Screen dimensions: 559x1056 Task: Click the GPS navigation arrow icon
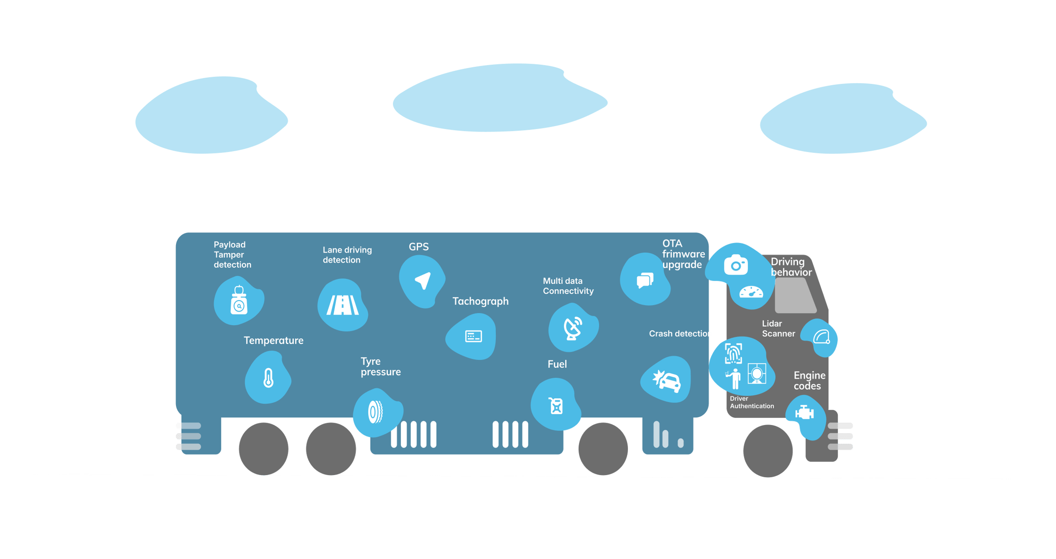tap(423, 281)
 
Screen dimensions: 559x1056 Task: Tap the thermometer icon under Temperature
tap(268, 378)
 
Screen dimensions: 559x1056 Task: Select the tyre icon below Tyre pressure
tap(375, 412)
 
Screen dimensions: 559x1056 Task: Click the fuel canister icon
tap(556, 406)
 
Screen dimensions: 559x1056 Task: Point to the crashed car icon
tap(667, 381)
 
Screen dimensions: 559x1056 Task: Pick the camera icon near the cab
tap(736, 265)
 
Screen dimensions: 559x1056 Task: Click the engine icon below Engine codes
tap(804, 413)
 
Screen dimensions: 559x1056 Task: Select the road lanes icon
tap(343, 305)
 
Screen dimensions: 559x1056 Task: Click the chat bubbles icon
tap(645, 280)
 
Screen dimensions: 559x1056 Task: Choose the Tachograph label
tap(480, 301)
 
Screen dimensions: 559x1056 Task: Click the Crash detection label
tap(680, 334)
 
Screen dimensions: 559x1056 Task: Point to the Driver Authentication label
tap(752, 403)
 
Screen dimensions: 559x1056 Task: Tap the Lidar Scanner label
tap(778, 329)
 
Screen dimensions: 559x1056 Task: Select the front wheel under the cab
tap(768, 450)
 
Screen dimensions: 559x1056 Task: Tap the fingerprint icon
tap(733, 354)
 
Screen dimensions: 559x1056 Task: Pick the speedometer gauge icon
tap(751, 292)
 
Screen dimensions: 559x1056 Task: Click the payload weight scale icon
tap(239, 301)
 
